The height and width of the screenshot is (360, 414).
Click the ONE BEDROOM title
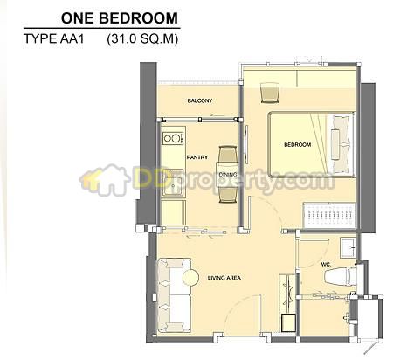(x=120, y=18)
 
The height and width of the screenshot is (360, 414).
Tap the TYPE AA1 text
(x=54, y=38)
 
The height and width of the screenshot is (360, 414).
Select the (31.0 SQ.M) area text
(x=142, y=39)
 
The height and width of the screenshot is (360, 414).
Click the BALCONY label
(x=200, y=100)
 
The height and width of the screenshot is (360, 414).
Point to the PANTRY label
(x=197, y=157)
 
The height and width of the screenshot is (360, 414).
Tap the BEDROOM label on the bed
(x=297, y=144)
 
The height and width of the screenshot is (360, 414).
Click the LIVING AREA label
(x=224, y=278)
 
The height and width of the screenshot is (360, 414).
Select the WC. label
(x=326, y=265)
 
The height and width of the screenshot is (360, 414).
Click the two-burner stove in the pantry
(x=173, y=138)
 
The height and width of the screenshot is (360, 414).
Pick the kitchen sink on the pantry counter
(x=173, y=183)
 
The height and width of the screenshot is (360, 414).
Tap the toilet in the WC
(x=341, y=276)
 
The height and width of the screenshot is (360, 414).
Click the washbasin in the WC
(x=348, y=247)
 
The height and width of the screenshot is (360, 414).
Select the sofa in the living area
(x=174, y=295)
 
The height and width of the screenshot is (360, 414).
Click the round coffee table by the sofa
(x=190, y=277)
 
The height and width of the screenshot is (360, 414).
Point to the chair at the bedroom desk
(x=270, y=93)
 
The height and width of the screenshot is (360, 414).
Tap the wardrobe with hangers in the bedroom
(x=329, y=215)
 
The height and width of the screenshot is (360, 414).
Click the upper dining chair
(x=227, y=155)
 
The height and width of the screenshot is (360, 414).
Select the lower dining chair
(x=228, y=194)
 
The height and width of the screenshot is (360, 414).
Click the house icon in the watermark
(x=106, y=179)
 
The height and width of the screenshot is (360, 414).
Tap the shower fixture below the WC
(x=347, y=316)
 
